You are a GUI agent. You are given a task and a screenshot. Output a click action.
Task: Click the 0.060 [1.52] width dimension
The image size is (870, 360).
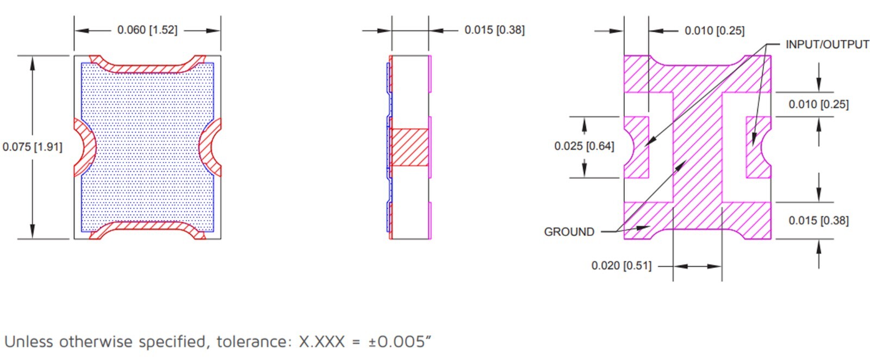pyautogui.click(x=147, y=30)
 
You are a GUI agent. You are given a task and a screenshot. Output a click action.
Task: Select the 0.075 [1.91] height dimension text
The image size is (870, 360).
pyautogui.click(x=32, y=147)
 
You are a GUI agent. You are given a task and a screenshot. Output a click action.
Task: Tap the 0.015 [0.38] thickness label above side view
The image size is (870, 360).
pyautogui.click(x=494, y=30)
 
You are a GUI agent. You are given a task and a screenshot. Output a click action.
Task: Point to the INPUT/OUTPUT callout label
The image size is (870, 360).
pyautogui.click(x=827, y=45)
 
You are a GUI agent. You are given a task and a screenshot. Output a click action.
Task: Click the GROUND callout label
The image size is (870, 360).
pyautogui.click(x=569, y=232)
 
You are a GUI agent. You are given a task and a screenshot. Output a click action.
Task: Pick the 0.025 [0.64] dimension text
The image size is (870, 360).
pyautogui.click(x=584, y=146)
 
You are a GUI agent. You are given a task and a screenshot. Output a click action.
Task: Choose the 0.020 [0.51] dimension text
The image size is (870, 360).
pyautogui.click(x=622, y=265)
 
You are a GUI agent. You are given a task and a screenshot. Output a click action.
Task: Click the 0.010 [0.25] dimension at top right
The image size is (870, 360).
pyautogui.click(x=714, y=30)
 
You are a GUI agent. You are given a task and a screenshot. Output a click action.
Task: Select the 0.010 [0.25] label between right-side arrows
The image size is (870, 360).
pyautogui.click(x=819, y=104)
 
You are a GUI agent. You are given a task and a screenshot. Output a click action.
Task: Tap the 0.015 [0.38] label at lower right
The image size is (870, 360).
pyautogui.click(x=819, y=221)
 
